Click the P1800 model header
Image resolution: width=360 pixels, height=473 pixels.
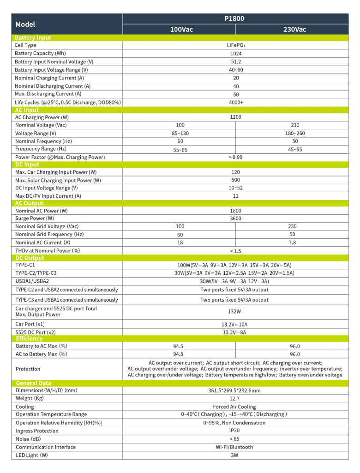234,19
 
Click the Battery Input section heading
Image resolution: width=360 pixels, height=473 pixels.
33,38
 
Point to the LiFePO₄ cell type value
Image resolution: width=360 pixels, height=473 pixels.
235,45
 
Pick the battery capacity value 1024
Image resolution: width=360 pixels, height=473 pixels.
236,54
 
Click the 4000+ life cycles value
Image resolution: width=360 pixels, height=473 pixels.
236,103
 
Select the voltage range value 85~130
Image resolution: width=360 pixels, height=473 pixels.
180,133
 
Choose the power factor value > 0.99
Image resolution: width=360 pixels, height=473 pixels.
235,158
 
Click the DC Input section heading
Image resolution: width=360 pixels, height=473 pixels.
27,164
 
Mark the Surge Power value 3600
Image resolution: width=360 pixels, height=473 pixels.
235,218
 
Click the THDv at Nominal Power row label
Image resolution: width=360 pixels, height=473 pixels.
48,251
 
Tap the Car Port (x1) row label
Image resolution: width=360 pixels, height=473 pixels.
30,324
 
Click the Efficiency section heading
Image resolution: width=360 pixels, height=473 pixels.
29,339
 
